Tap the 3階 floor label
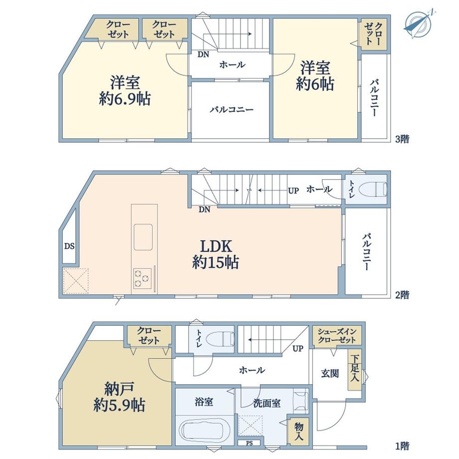[402, 139]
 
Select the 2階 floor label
[402, 295]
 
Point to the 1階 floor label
[402, 446]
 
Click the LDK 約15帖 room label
[216, 254]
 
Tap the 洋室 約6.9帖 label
[125, 91]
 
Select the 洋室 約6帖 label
[315, 76]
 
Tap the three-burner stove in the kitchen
[142, 278]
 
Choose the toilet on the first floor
[220, 339]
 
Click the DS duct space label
[69, 246]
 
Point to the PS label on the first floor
[249, 443]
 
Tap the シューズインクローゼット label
[337, 336]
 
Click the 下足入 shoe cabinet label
[355, 369]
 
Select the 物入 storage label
[298, 432]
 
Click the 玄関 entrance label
[330, 374]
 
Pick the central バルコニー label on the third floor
[232, 110]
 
